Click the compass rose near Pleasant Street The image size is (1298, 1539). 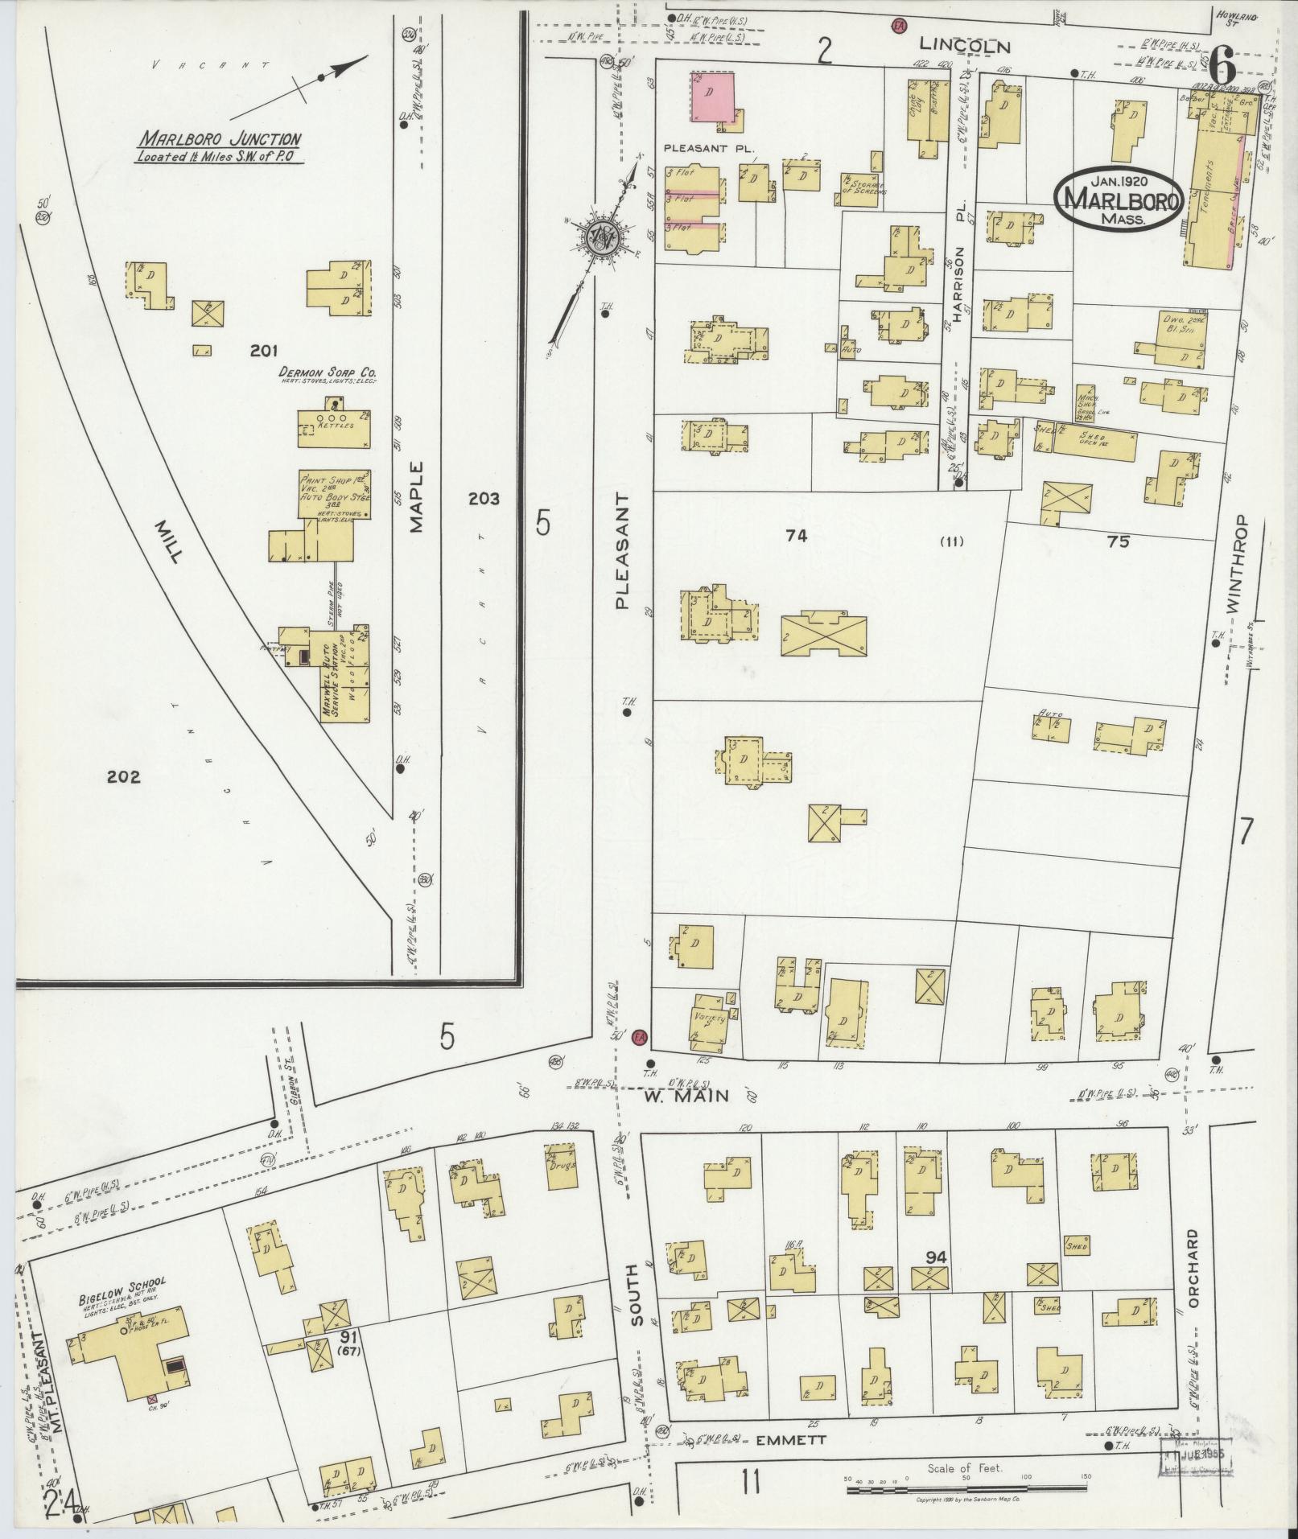(x=600, y=236)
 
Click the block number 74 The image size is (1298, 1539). (x=797, y=536)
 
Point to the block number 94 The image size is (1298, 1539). (x=936, y=1257)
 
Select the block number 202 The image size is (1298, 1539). (x=123, y=777)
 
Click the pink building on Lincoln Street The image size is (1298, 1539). (x=712, y=97)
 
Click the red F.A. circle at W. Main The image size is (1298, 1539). (x=640, y=1037)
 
